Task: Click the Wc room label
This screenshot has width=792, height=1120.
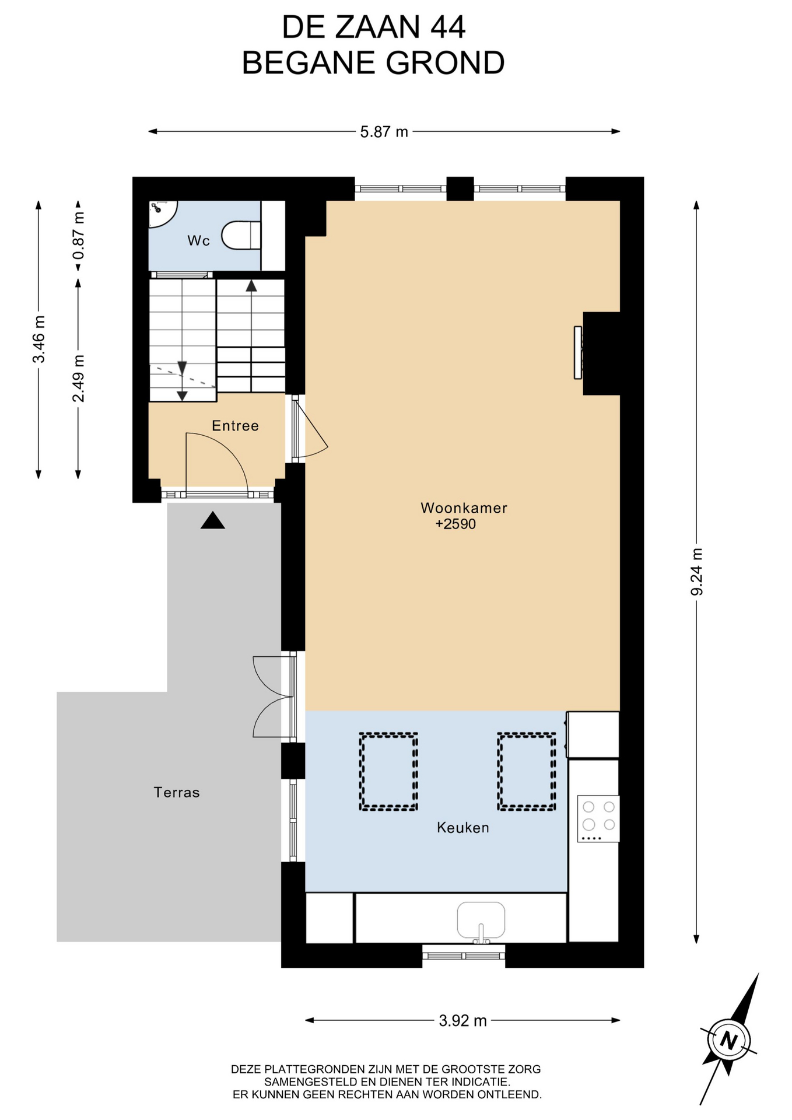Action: coord(198,240)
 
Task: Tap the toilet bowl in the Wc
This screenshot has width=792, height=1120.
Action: coord(241,235)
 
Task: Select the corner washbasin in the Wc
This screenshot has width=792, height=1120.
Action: coord(162,213)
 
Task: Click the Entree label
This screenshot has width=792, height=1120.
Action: coord(235,426)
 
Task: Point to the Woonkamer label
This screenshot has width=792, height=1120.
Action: coord(464,508)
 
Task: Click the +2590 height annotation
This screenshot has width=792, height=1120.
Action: coord(455,524)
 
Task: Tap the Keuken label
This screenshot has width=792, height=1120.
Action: coord(463,827)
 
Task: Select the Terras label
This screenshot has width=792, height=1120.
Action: coord(177,792)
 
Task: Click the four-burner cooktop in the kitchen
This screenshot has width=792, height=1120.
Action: coord(598,818)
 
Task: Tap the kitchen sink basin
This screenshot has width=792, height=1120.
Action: coord(481,920)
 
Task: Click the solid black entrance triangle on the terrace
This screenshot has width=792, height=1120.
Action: coord(213,520)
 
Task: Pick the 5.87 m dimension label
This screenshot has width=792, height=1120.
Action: coord(384,132)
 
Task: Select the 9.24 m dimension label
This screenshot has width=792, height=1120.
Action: coord(696,572)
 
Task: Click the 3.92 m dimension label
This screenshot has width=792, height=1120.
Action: coord(462,1020)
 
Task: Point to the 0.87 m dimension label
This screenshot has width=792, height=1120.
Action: coord(78,235)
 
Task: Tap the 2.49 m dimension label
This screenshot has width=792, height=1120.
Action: coord(78,379)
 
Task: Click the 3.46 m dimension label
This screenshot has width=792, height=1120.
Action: coord(38,339)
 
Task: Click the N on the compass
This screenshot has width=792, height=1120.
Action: coord(729,1040)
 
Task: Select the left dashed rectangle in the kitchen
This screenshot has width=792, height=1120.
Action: coord(388,772)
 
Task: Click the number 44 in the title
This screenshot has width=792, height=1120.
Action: coord(448,27)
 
